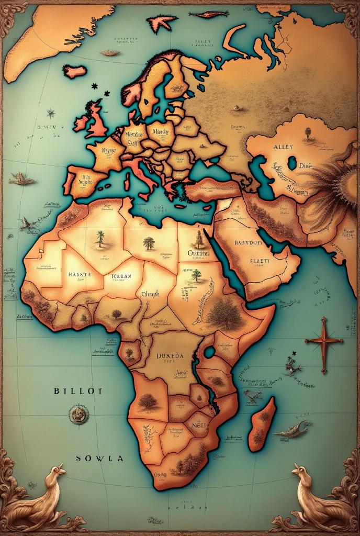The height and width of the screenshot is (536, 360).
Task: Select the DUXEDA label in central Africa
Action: tap(170, 356)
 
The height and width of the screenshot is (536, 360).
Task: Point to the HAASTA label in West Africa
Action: tap(80, 274)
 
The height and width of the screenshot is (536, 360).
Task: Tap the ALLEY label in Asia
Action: tap(284, 147)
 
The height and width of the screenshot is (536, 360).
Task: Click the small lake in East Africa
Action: tap(209, 352)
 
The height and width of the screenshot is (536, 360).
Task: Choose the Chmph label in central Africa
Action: tap(150, 294)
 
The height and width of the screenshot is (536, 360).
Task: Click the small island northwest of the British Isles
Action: tap(75, 71)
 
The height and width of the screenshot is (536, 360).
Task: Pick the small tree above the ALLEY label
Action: tap(307, 133)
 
